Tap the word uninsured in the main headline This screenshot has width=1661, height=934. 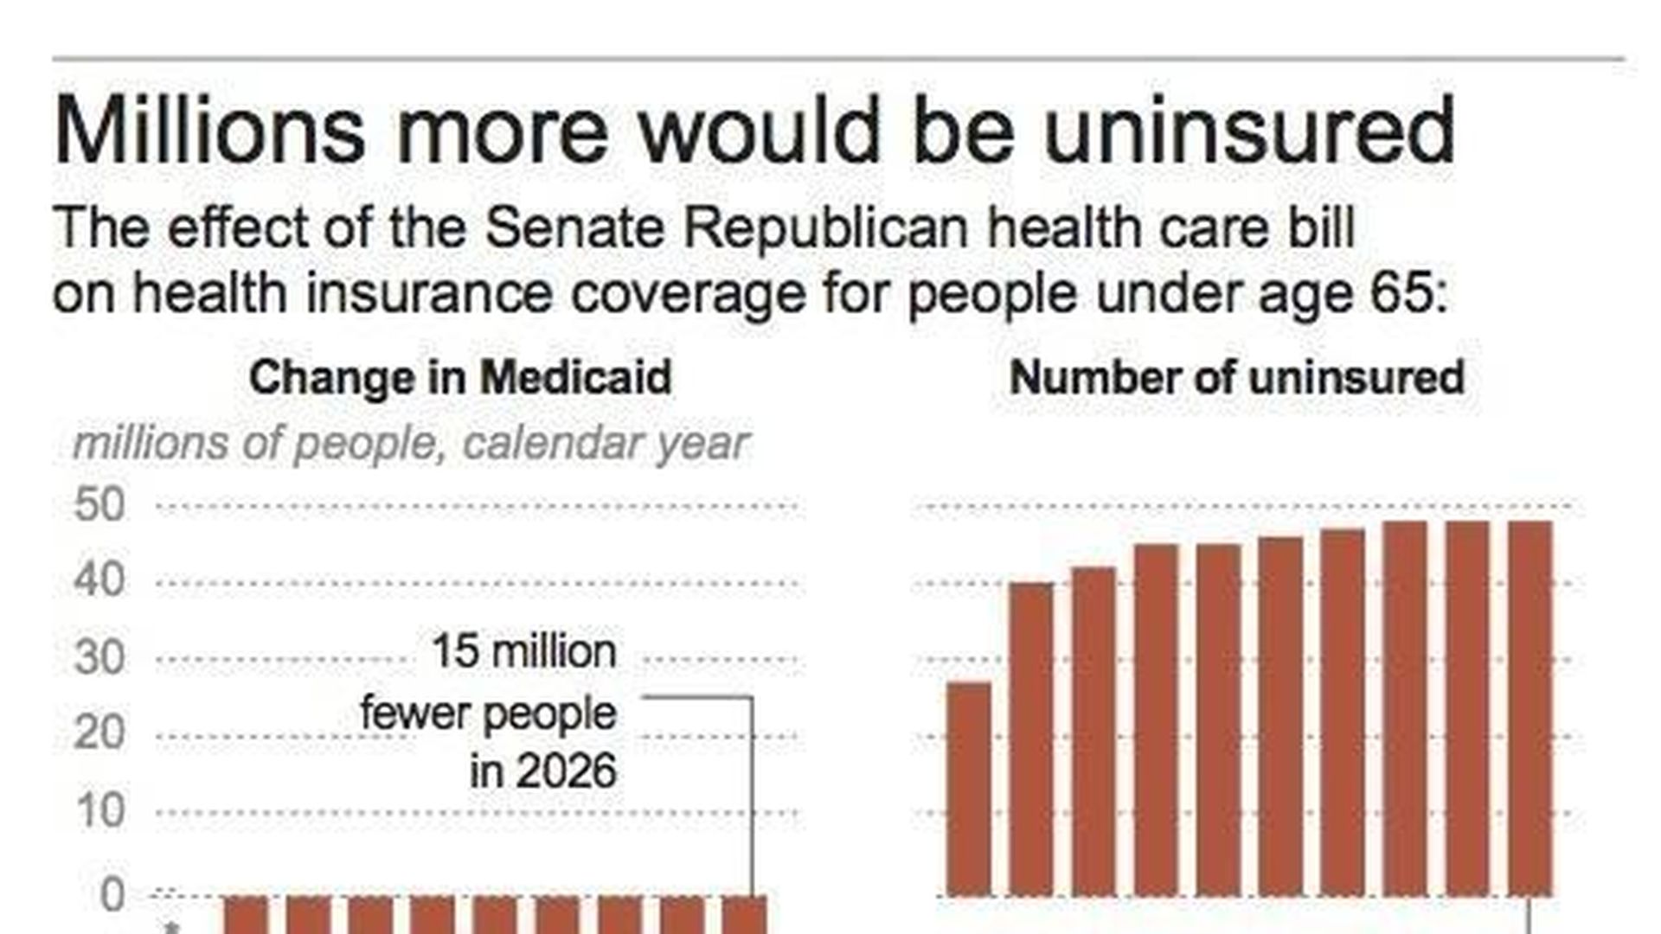1249,131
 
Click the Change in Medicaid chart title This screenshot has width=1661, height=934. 460,378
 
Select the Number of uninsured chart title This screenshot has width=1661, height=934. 1236,378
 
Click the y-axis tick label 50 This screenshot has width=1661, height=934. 100,505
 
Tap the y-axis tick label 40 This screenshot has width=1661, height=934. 100,580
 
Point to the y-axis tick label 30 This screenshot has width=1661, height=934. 100,658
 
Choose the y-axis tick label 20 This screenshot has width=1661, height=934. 100,733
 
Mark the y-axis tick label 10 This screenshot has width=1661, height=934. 100,811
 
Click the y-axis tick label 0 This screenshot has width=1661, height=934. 112,896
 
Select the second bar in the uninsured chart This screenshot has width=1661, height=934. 1031,739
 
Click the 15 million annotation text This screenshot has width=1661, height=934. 524,651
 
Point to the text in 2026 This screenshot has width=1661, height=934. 543,771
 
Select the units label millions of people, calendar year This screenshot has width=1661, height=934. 410,444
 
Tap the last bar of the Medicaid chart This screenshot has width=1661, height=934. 744,914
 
